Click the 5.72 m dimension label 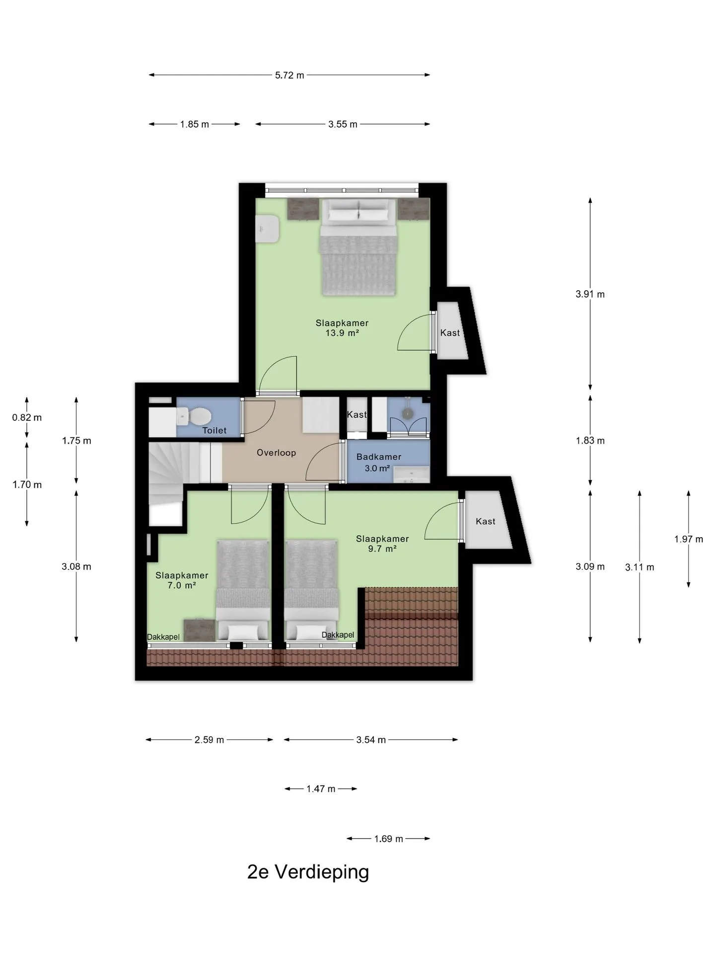(x=289, y=76)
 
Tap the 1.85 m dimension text (x=195, y=124)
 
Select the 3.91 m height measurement (x=590, y=294)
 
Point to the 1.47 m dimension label (x=321, y=789)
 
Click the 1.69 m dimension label (x=388, y=839)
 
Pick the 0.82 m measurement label (x=27, y=417)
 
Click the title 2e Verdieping (x=308, y=872)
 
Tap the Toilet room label (x=214, y=430)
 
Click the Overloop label (x=276, y=453)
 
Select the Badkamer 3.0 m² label (x=378, y=463)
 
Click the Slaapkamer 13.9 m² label (x=342, y=328)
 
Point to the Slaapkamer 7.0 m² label (x=182, y=580)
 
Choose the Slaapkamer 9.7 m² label (x=382, y=544)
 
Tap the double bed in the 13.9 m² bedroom (x=358, y=247)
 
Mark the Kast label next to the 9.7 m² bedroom (x=485, y=521)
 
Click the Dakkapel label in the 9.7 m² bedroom (x=338, y=635)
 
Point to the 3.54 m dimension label (x=371, y=740)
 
